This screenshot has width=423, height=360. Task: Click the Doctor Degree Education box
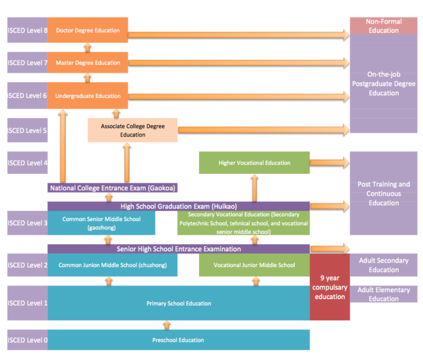[x=88, y=30]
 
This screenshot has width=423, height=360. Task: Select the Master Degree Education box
[x=88, y=63]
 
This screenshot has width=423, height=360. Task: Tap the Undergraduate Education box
[x=88, y=95]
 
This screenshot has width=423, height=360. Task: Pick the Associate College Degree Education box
[x=132, y=130]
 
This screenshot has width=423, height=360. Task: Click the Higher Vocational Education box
[x=254, y=162]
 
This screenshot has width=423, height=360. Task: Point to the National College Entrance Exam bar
[x=112, y=188]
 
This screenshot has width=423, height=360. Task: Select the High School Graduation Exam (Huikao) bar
[x=178, y=206]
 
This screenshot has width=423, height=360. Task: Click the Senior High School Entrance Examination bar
[x=178, y=249]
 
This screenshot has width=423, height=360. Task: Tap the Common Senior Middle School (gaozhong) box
[x=101, y=223]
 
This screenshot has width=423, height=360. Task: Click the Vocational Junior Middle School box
[x=254, y=265]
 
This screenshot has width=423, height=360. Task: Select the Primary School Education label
[x=178, y=303]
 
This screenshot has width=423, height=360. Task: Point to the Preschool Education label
[x=178, y=340]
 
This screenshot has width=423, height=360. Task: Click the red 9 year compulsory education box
[x=329, y=288]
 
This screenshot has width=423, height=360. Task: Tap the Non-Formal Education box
[x=383, y=26]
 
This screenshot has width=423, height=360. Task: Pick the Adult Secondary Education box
[x=383, y=265]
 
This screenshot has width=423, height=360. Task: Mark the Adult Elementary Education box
[x=383, y=294]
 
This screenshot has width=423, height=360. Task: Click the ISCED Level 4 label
[x=27, y=162]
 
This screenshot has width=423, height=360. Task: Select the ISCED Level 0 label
[x=27, y=340]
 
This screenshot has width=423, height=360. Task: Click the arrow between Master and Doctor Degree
[x=88, y=47]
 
